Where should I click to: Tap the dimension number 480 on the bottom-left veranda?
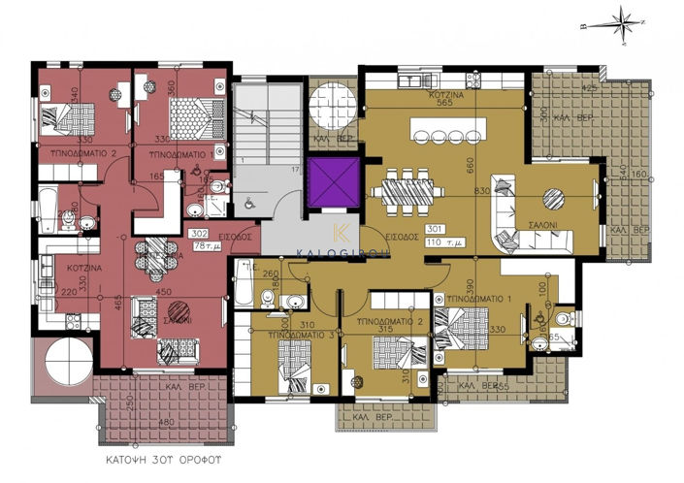[167, 422]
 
